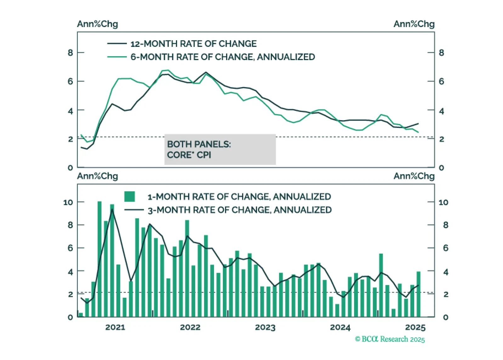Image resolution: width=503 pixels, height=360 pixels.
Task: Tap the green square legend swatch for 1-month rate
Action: (130, 197)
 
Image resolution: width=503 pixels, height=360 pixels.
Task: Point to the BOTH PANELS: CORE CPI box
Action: (220, 149)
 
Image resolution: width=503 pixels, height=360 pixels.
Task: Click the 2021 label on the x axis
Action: (115, 327)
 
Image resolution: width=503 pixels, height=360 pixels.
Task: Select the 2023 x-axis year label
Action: (265, 327)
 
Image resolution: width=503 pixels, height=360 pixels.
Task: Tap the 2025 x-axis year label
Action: (415, 327)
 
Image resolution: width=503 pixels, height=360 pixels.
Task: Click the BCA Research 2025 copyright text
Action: (390, 339)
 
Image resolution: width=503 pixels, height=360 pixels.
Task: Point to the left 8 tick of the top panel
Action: (70, 53)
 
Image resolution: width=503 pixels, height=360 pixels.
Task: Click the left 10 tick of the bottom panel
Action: (68, 202)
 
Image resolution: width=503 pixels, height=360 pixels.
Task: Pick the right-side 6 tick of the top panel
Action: (441, 82)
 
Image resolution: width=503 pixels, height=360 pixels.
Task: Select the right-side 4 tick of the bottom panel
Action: (445, 272)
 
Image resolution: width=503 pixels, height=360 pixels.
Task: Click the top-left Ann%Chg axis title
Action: (98, 24)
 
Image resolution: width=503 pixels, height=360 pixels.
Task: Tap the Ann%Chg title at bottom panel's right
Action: (414, 176)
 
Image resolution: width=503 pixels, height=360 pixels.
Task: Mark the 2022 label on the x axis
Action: (190, 327)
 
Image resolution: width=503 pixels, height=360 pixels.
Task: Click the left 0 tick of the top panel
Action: (70, 168)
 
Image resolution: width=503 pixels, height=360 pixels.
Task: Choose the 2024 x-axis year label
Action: (340, 327)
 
